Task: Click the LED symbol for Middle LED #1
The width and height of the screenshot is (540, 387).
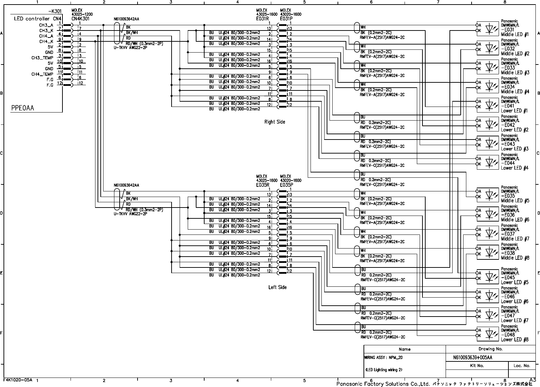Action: [x=492, y=29]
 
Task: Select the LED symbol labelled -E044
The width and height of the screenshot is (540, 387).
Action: [x=492, y=162]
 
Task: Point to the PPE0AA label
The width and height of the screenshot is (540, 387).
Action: [x=23, y=108]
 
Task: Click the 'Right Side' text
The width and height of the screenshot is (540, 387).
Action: [x=275, y=122]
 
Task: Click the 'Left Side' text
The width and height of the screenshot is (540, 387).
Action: [x=278, y=287]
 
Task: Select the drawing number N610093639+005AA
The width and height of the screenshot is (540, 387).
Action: [x=473, y=358]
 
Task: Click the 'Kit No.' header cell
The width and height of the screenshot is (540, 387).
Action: [x=477, y=366]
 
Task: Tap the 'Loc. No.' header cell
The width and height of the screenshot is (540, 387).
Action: [x=522, y=366]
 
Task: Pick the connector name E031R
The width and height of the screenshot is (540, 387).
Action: [x=263, y=19]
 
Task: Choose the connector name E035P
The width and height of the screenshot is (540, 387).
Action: [x=286, y=184]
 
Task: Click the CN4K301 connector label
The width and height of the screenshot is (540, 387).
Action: [x=80, y=19]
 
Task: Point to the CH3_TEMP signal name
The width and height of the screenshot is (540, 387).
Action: [x=42, y=58]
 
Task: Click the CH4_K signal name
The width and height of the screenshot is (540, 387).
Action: [x=46, y=41]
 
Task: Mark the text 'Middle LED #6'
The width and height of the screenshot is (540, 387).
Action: [x=515, y=220]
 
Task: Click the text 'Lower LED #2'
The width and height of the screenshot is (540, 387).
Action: [x=514, y=130]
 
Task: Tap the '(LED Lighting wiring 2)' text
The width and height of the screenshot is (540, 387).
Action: [x=384, y=369]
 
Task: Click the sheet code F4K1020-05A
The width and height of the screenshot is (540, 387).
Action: [x=18, y=380]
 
